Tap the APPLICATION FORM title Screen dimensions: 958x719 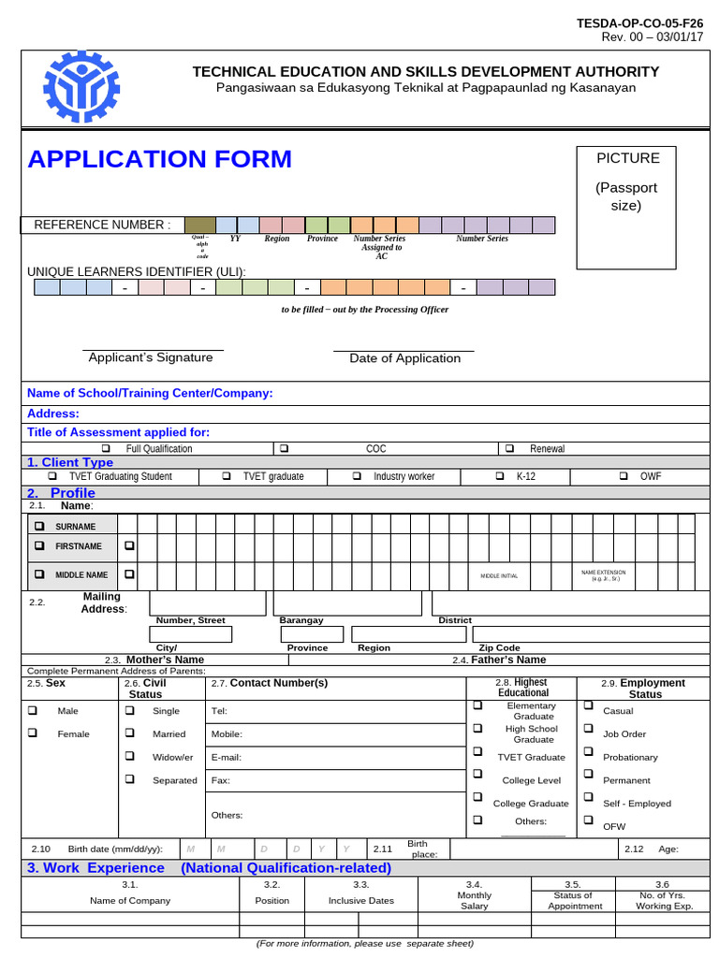click(160, 159)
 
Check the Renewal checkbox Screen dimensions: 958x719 click(510, 449)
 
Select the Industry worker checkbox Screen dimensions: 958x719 click(357, 476)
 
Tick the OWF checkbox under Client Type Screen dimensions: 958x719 click(624, 476)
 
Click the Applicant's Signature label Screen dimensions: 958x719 click(150, 357)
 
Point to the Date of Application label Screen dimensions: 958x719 click(404, 358)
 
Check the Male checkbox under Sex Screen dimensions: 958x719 click(34, 710)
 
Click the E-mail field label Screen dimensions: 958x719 click(227, 757)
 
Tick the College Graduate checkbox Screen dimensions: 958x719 click(477, 797)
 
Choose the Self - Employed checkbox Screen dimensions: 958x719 click(588, 797)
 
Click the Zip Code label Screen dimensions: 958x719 click(499, 647)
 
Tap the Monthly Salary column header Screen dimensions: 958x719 click(474, 901)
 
